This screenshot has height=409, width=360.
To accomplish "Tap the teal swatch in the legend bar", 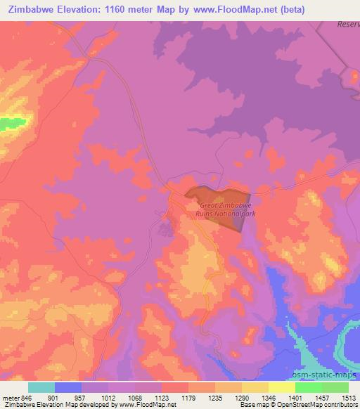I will point(41,387).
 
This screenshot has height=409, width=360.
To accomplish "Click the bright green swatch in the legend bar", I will point(309,387).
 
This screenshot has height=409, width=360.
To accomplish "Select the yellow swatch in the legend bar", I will point(282,387).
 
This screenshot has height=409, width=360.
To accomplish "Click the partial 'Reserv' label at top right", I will point(347,24).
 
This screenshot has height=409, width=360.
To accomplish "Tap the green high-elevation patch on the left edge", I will point(12,123).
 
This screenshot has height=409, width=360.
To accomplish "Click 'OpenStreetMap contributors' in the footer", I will point(316,405).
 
